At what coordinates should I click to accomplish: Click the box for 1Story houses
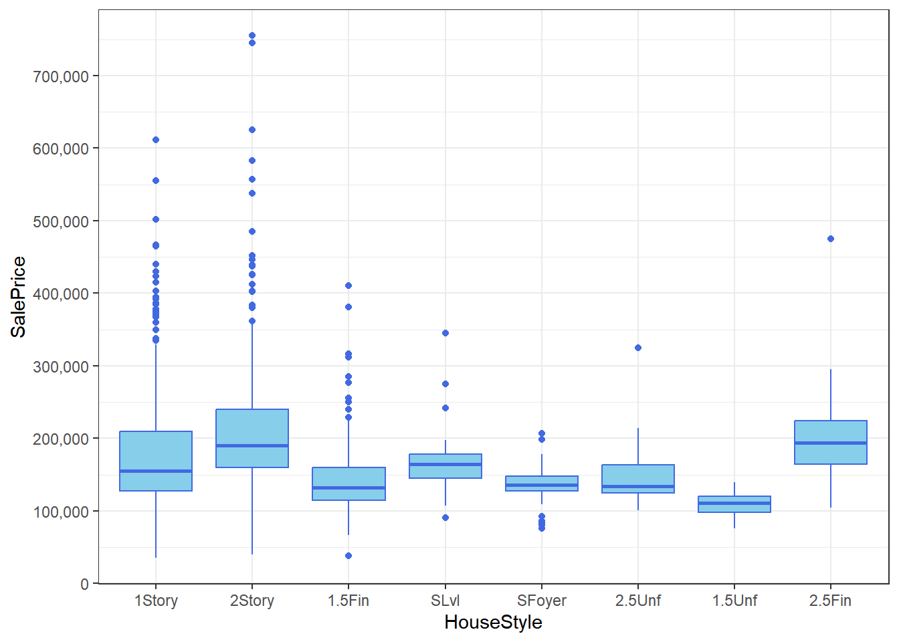point(156,461)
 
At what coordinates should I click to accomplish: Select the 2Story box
point(252,438)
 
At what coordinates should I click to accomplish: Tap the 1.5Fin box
point(348,484)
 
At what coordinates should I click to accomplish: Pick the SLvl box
point(445,466)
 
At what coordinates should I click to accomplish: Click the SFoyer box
point(542,484)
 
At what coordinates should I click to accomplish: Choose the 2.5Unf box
point(638,479)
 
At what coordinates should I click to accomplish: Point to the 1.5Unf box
point(734,504)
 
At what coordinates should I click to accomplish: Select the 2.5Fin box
point(831,442)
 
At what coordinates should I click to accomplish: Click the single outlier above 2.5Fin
point(831,239)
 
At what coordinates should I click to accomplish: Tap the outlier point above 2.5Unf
point(638,348)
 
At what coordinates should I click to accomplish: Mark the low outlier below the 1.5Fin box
point(348,556)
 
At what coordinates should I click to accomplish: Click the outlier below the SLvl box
point(445,518)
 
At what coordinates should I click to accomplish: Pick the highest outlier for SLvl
point(445,333)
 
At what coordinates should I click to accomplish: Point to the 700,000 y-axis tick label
point(61,76)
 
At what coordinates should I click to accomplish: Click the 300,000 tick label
point(61,366)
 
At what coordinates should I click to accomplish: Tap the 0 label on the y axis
point(84,584)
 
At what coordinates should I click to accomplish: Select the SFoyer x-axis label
point(542,601)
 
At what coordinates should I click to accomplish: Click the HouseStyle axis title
point(493,623)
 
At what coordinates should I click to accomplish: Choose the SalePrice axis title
point(19,297)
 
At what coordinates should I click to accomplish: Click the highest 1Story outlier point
point(156,140)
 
